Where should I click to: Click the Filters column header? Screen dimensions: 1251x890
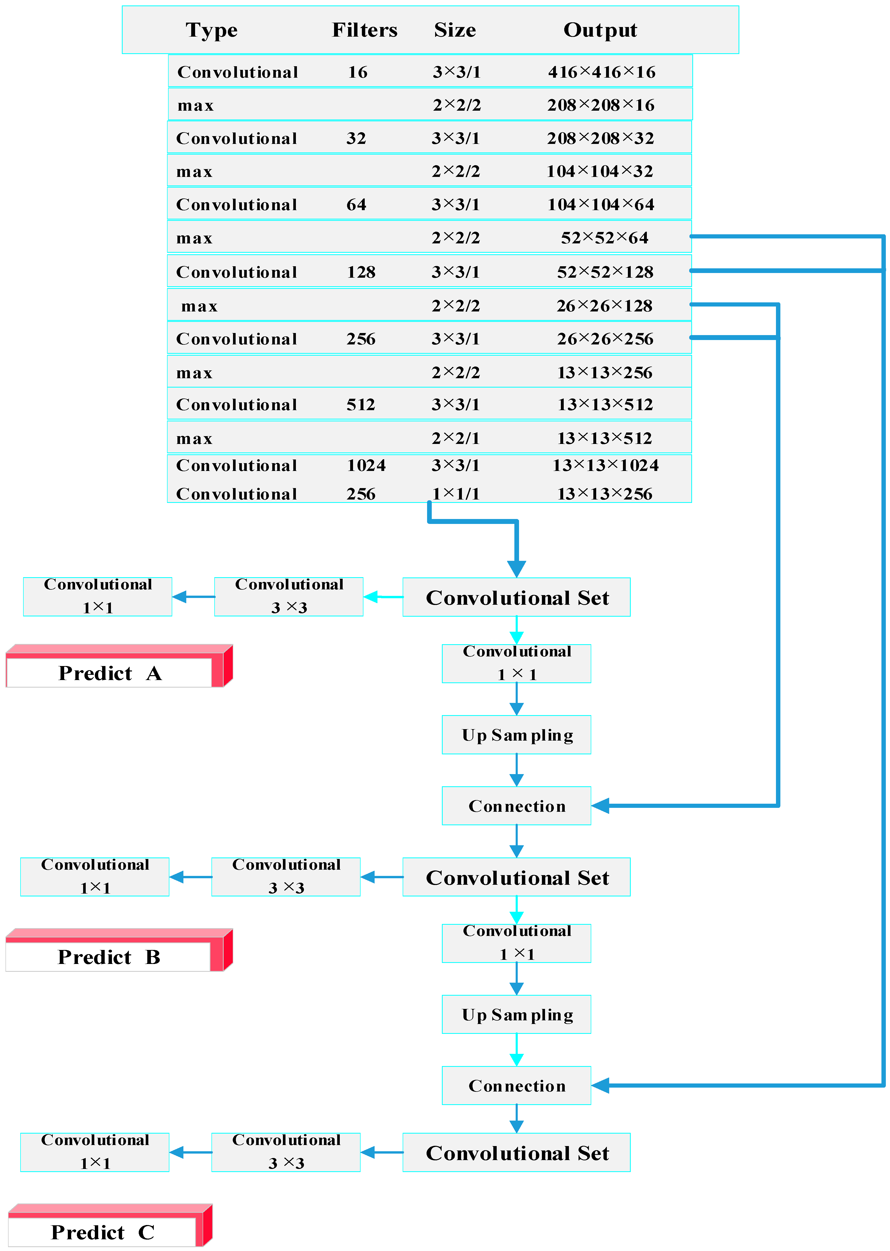(x=364, y=30)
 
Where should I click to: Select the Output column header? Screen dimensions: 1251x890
(x=600, y=30)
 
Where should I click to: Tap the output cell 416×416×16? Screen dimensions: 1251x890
(x=601, y=72)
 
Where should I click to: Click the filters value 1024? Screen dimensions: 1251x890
(x=366, y=465)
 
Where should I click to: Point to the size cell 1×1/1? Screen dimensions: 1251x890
(x=455, y=494)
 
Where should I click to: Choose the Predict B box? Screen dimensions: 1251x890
(x=109, y=957)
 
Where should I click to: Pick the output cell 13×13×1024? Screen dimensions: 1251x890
(x=605, y=465)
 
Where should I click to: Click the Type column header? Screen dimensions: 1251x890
(x=211, y=30)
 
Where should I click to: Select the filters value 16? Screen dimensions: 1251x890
(x=357, y=72)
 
